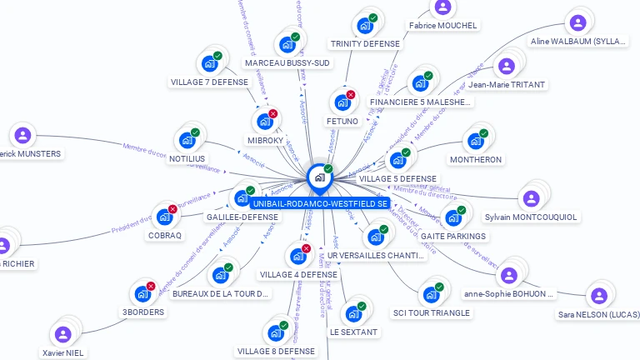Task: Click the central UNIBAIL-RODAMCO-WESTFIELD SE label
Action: pyautogui.click(x=320, y=203)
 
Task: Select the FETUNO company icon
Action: pyautogui.click(x=342, y=102)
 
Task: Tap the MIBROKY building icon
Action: pyautogui.click(x=265, y=122)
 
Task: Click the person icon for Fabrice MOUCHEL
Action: pyautogui.click(x=442, y=7)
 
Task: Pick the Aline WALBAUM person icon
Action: pyautogui.click(x=577, y=22)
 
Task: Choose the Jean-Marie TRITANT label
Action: pyautogui.click(x=507, y=84)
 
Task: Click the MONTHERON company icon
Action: pyautogui.click(x=475, y=141)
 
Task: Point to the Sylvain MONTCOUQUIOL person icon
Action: pyautogui.click(x=530, y=198)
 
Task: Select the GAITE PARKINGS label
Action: pyautogui.click(x=453, y=236)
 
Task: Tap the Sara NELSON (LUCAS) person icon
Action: pyautogui.click(x=598, y=296)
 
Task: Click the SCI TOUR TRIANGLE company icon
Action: pyautogui.click(x=431, y=294)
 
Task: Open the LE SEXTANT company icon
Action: pyautogui.click(x=353, y=313)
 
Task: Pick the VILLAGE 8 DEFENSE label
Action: pyautogui.click(x=276, y=351)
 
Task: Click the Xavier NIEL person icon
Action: pyautogui.click(x=63, y=334)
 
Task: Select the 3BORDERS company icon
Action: pyautogui.click(x=142, y=293)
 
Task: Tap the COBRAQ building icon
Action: pyautogui.click(x=164, y=217)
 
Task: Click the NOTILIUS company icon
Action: pyautogui.click(x=187, y=140)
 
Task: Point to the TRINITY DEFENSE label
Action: pyautogui.click(x=365, y=43)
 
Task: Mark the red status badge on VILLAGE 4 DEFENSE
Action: pyautogui.click(x=306, y=248)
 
